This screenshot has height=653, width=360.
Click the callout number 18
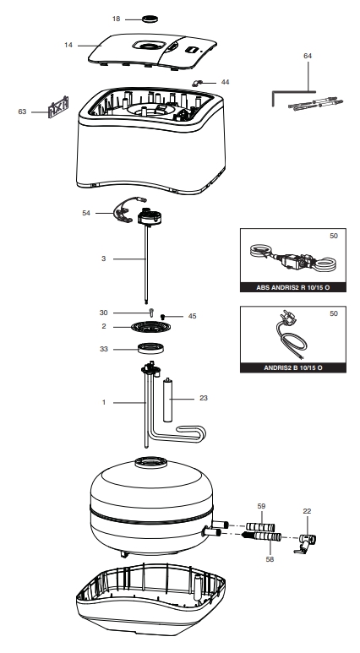pyautogui.click(x=116, y=19)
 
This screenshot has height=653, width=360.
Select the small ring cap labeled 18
pyautogui.click(x=150, y=19)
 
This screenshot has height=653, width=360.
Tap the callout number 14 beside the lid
pyautogui.click(x=68, y=45)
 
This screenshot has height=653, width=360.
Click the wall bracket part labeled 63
pyautogui.click(x=58, y=107)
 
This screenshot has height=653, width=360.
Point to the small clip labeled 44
pyautogui.click(x=197, y=83)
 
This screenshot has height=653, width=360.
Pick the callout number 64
pyautogui.click(x=308, y=56)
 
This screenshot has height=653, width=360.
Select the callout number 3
pyautogui.click(x=104, y=258)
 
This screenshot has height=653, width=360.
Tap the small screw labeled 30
pyautogui.click(x=151, y=313)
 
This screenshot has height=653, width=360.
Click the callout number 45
pyautogui.click(x=192, y=316)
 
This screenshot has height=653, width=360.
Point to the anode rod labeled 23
pyautogui.click(x=168, y=400)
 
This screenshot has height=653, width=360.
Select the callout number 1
pyautogui.click(x=104, y=402)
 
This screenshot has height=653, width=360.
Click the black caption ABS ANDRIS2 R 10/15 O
pyautogui.click(x=293, y=287)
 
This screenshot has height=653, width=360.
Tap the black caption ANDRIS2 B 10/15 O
pyautogui.click(x=293, y=367)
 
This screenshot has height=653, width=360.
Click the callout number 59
pyautogui.click(x=261, y=506)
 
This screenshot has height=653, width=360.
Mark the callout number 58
pyautogui.click(x=270, y=559)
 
